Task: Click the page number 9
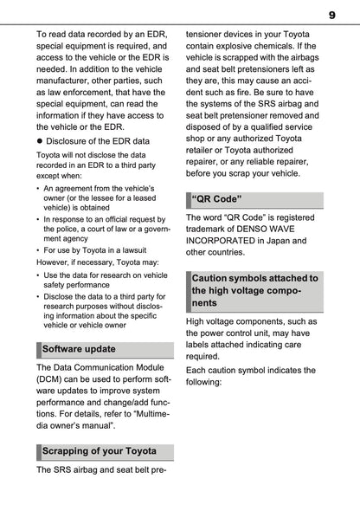(x=331, y=15)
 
